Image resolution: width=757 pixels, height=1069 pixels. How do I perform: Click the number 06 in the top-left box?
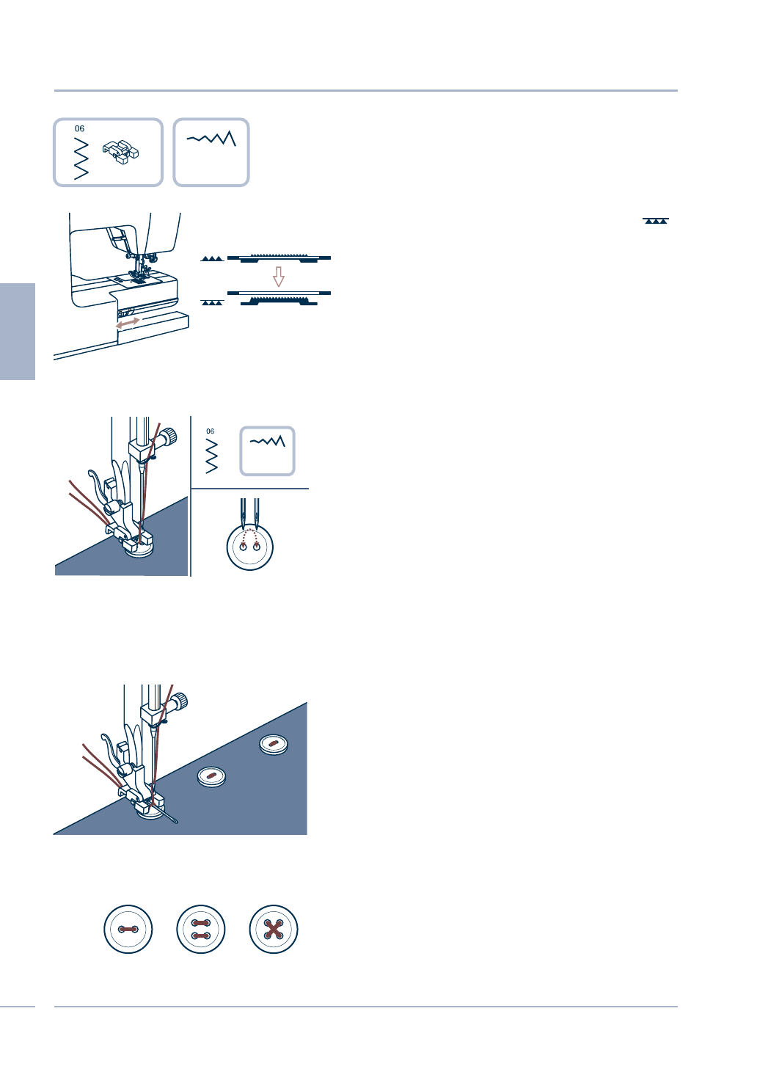(x=79, y=128)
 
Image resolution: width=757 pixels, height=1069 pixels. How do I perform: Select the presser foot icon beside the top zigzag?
(x=121, y=152)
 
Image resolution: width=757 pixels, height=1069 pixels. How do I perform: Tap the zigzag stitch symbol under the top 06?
(x=81, y=158)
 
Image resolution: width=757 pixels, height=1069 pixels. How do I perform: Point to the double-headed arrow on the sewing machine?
(x=128, y=322)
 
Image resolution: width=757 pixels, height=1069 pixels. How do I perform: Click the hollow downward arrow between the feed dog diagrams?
(x=279, y=277)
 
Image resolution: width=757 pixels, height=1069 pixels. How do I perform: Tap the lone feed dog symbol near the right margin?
(x=655, y=221)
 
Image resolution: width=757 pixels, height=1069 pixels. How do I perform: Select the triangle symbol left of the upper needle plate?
(x=211, y=259)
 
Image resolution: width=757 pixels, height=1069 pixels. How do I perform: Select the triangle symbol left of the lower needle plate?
(x=211, y=302)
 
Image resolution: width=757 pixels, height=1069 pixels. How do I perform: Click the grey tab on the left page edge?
(x=18, y=331)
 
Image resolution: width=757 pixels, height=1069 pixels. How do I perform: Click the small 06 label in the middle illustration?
(x=211, y=431)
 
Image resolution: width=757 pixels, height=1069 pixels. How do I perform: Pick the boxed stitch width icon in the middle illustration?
(x=268, y=450)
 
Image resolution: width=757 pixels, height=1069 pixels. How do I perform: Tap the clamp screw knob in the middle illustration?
(x=169, y=438)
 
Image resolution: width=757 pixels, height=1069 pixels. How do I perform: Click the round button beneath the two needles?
(x=250, y=547)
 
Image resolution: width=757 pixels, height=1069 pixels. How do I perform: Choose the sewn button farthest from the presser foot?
(x=274, y=744)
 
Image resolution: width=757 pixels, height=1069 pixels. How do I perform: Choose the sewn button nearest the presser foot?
(x=212, y=776)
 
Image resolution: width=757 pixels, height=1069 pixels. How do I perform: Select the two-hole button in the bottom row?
(x=128, y=930)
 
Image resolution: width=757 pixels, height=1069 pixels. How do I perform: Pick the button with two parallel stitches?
(x=201, y=930)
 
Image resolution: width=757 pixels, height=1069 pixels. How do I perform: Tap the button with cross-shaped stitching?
(x=274, y=930)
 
